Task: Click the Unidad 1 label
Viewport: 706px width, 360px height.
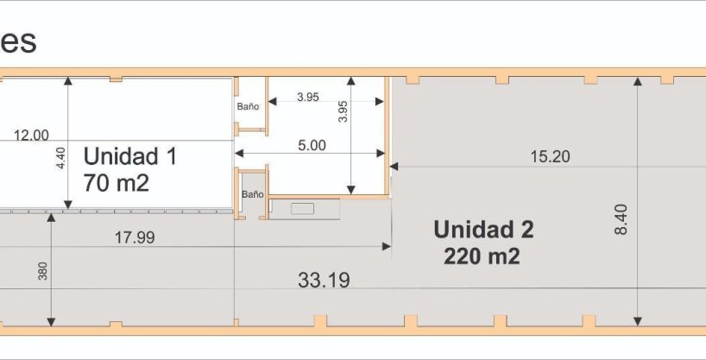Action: click(130, 156)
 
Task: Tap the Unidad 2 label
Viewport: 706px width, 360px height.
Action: click(483, 230)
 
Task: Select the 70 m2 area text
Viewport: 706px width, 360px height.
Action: click(117, 183)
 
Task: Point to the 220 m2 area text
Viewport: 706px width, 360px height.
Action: click(482, 256)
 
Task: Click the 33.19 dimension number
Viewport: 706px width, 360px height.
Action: click(324, 281)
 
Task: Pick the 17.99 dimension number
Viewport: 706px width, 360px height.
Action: click(135, 237)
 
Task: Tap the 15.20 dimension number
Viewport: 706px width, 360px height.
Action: click(550, 157)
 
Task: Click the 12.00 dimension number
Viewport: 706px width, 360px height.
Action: click(31, 136)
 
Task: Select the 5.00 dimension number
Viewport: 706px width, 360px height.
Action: click(312, 146)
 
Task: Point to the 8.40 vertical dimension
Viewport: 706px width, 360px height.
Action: click(621, 219)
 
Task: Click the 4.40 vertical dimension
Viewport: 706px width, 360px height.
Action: click(61, 158)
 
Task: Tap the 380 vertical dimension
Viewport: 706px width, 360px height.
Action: click(42, 271)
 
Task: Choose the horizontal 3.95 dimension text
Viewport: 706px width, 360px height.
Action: click(308, 97)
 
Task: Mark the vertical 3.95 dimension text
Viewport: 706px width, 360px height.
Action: click(343, 111)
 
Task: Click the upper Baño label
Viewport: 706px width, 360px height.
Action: click(248, 107)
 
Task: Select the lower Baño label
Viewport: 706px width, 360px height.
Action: click(253, 194)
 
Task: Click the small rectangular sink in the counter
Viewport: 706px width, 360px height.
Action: click(303, 209)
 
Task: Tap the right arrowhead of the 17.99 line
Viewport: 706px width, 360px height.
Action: click(387, 246)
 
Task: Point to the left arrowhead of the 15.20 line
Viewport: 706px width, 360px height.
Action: click(394, 167)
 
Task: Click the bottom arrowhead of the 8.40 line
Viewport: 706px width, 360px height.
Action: click(638, 321)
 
